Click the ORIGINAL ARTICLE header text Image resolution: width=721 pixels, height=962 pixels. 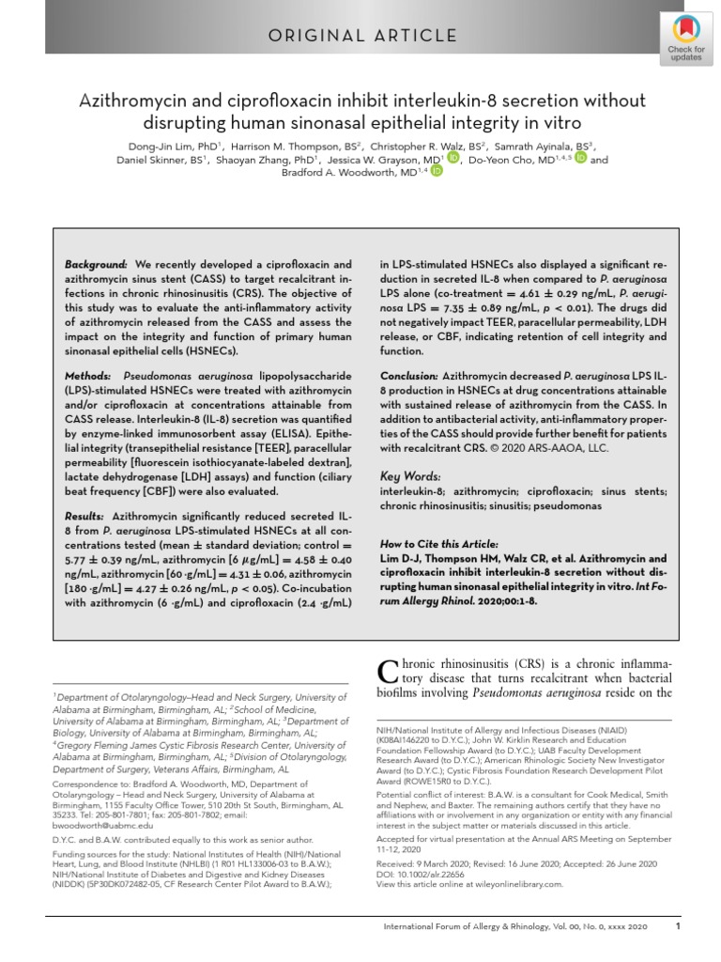[x=360, y=36]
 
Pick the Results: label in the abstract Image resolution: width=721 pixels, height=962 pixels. [x=88, y=517]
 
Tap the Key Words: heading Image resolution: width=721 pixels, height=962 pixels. [x=409, y=475]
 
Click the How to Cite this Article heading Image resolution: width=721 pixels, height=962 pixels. [x=438, y=544]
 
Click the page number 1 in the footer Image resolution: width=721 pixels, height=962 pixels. [x=678, y=926]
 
